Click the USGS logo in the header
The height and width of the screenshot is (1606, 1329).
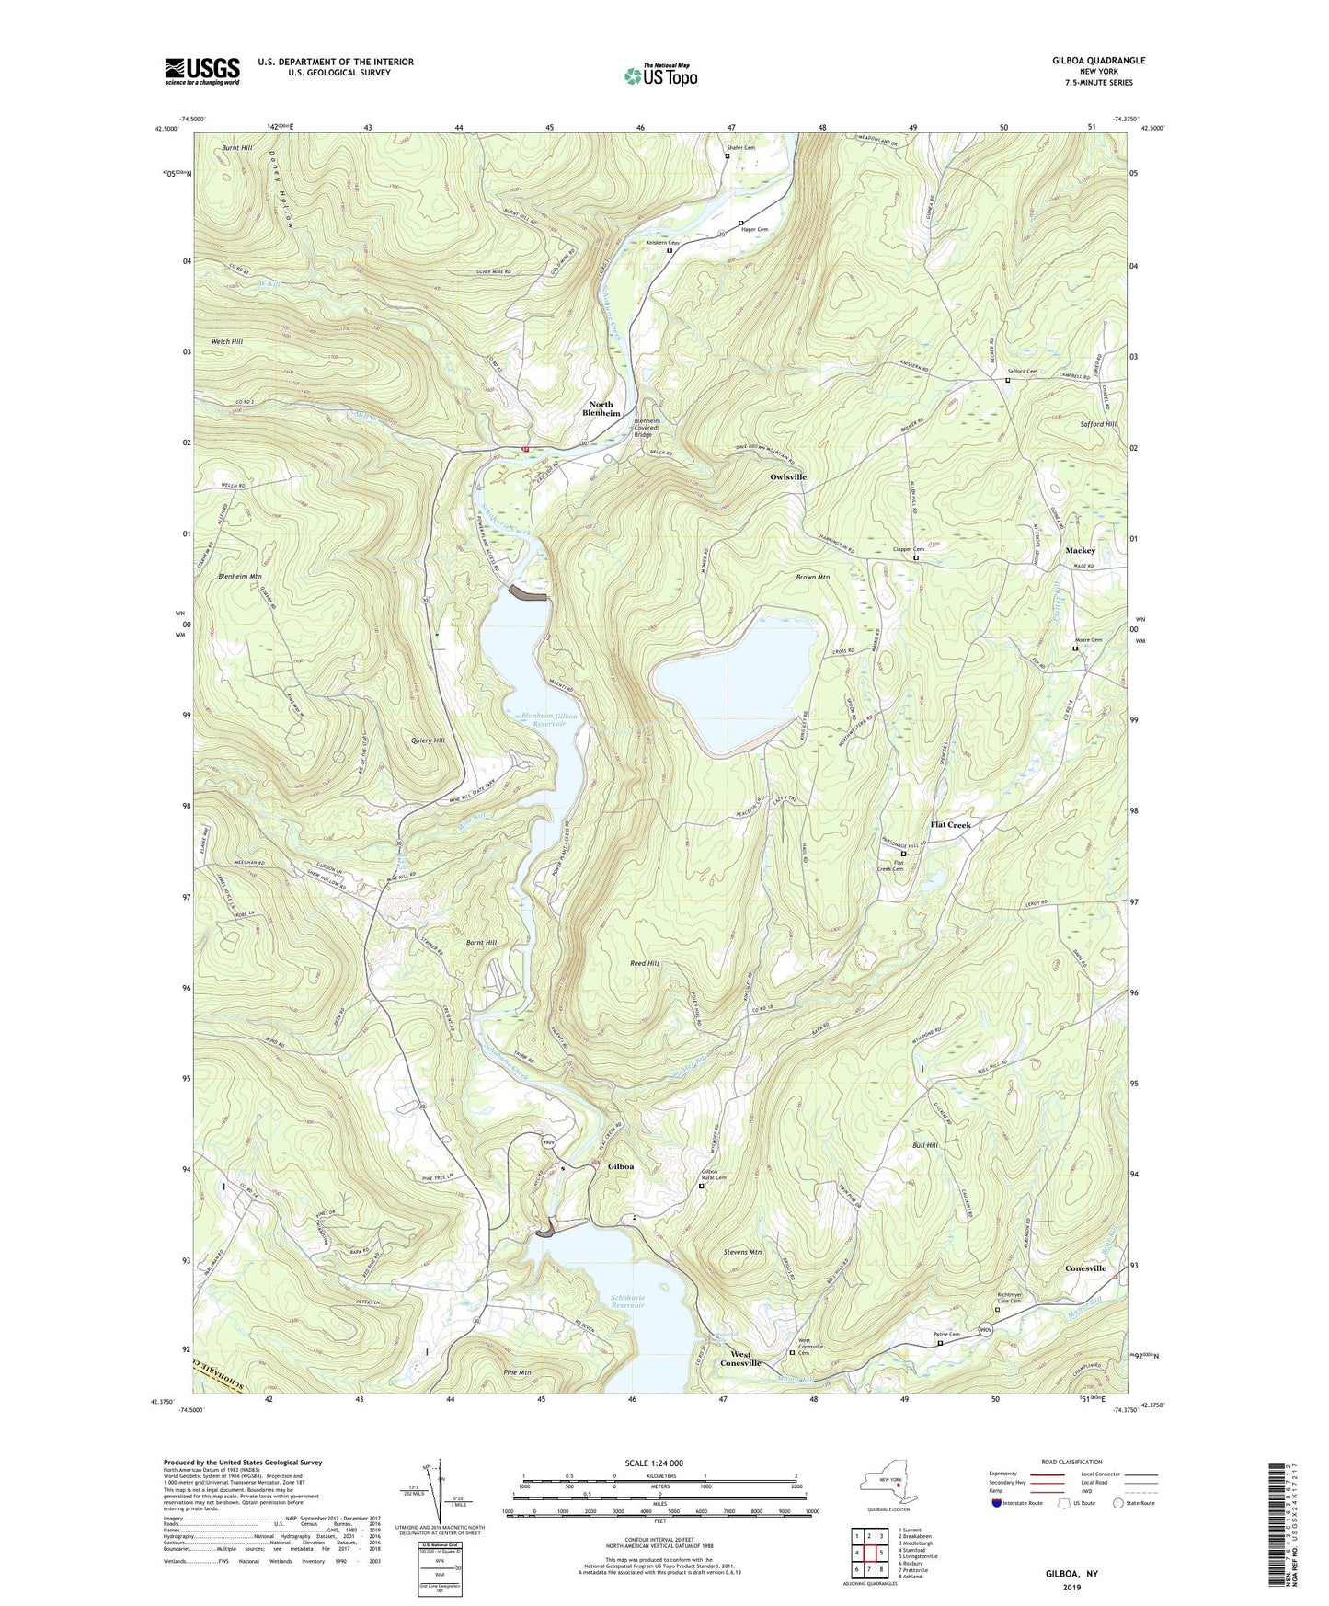coord(202,70)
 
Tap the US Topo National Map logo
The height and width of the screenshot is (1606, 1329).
coord(660,75)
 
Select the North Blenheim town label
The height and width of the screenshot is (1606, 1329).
coord(601,408)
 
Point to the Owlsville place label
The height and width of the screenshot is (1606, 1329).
coord(788,476)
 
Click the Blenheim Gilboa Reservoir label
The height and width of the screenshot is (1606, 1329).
coord(550,720)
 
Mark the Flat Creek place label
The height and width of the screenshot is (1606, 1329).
coord(950,825)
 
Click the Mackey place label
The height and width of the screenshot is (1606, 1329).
coord(1080,550)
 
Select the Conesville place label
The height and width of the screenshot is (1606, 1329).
coord(1085,1268)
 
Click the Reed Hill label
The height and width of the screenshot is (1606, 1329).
coord(644,963)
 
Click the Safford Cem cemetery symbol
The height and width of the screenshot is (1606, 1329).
coord(1008,380)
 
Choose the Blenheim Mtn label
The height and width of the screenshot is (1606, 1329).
coord(240,576)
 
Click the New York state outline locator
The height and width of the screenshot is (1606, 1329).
coord(888,1484)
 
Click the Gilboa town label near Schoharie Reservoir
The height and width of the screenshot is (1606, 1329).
coord(621,1166)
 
